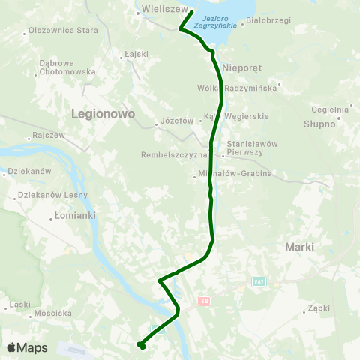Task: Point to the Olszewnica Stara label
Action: pyautogui.click(x=63, y=31)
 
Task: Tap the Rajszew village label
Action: pyautogui.click(x=45, y=136)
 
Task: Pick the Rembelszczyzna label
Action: pyautogui.click(x=174, y=155)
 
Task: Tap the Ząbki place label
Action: pyautogui.click(x=319, y=307)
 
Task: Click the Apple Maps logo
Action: pyautogui.click(x=27, y=347)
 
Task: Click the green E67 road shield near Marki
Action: pyautogui.click(x=259, y=282)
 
